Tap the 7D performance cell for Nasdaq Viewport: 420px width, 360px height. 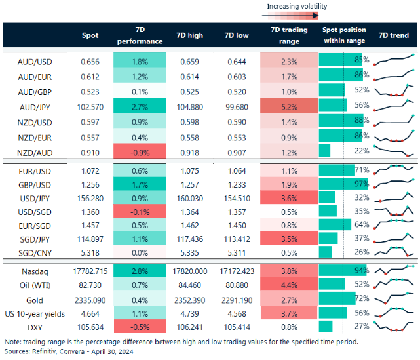point(139,271)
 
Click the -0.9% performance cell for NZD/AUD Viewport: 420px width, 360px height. point(139,150)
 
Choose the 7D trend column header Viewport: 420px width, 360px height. point(394,35)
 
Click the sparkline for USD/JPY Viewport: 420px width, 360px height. point(394,198)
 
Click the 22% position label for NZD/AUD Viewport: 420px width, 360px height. point(359,150)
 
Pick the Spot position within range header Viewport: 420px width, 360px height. point(344,35)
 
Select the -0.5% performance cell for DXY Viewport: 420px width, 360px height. point(139,326)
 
